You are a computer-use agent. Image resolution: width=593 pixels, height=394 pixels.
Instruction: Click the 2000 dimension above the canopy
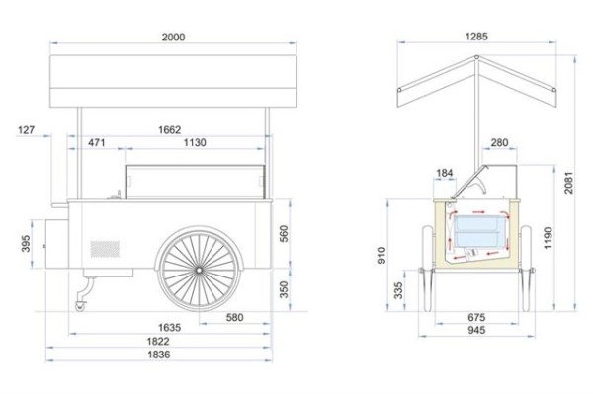(x=174, y=37)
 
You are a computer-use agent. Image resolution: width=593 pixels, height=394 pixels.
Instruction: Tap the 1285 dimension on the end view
(x=476, y=37)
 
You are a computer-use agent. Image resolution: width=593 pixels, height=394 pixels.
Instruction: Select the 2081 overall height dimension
(x=569, y=183)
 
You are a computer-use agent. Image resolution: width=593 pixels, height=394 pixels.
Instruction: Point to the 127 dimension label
(x=26, y=130)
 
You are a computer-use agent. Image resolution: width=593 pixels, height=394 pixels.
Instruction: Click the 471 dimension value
(x=97, y=143)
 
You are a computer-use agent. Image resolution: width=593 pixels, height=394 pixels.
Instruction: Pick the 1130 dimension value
(x=195, y=143)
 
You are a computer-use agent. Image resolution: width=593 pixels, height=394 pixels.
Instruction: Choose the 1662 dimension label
(x=169, y=130)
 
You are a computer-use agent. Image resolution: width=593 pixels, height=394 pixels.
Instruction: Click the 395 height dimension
(x=26, y=244)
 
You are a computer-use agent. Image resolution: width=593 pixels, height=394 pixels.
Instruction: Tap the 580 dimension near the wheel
(x=234, y=317)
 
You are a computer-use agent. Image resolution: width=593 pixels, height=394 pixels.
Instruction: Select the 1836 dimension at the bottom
(x=159, y=355)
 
